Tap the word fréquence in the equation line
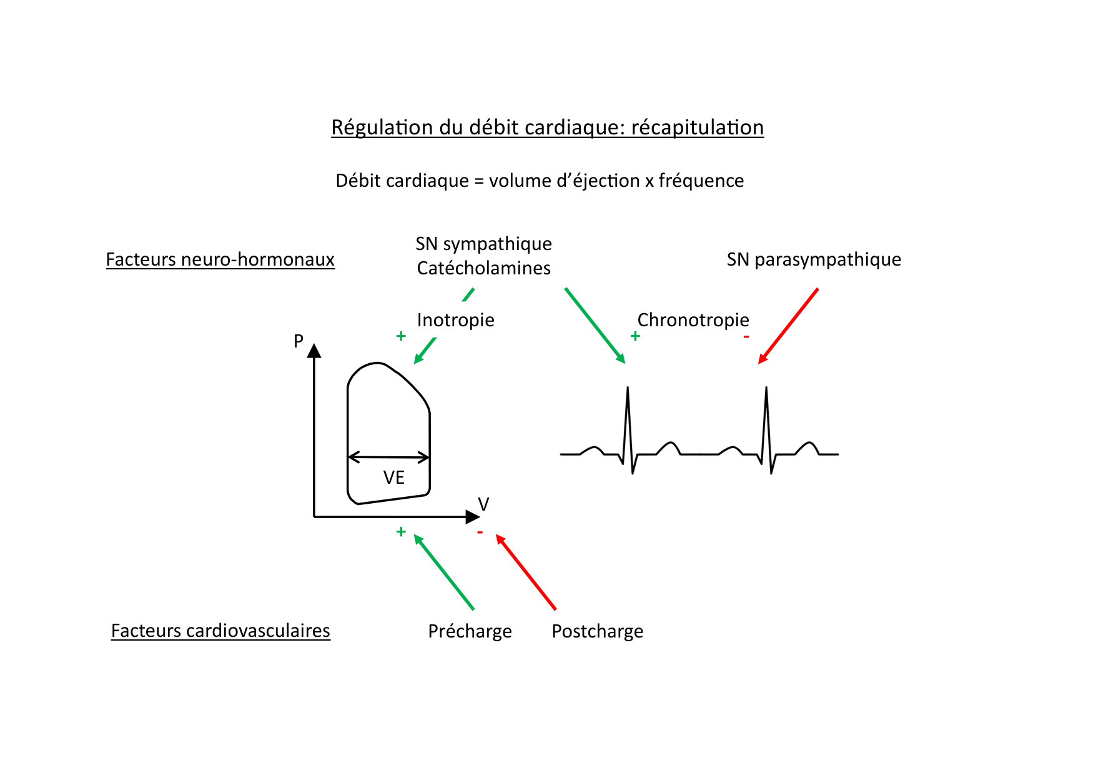coord(701,181)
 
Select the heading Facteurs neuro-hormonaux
coord(220,259)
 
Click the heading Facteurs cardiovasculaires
coord(220,631)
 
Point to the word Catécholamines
coord(484,268)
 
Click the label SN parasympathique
coord(814,259)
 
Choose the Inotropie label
coord(455,320)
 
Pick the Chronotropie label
coord(693,320)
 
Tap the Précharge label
coord(470,631)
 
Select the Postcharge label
coord(597,631)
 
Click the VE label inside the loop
coord(394,477)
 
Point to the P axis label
coord(299,341)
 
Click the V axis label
coord(483,504)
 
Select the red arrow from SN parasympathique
coord(788,326)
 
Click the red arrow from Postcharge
coord(526,572)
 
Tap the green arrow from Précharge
coord(444,572)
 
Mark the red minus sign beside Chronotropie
coord(746,337)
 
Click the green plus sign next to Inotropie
coord(401,336)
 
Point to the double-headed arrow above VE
coord(388,457)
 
